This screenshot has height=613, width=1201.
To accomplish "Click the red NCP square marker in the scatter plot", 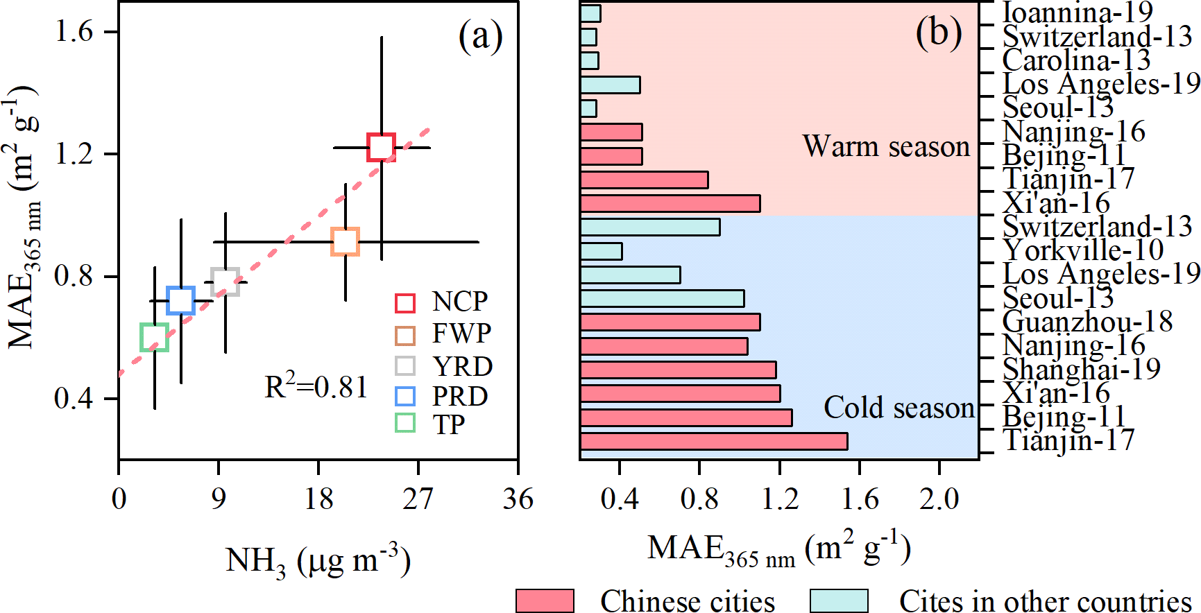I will (x=381, y=147).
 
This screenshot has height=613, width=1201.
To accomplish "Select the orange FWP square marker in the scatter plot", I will (x=345, y=241).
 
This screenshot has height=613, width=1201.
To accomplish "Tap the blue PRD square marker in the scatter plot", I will (x=181, y=300).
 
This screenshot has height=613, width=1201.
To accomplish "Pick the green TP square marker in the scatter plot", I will (x=154, y=337).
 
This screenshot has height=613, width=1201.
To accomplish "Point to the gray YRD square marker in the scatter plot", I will (x=225, y=282).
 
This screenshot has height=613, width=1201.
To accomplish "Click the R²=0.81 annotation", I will (x=316, y=387).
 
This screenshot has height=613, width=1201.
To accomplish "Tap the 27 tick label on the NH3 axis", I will (x=418, y=499).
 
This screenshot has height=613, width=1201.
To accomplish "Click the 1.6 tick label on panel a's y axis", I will (x=74, y=31).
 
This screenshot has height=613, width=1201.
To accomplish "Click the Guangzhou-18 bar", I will (x=670, y=322).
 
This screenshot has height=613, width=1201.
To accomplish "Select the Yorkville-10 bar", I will (x=601, y=251).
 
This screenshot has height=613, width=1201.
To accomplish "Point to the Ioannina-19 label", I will (x=1078, y=12).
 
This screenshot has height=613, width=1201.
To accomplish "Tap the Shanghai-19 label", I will (x=1081, y=369).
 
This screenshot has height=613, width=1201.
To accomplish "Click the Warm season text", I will (x=886, y=146).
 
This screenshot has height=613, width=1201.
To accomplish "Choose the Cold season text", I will (x=899, y=408).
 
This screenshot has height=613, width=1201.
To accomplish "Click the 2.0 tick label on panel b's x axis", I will (x=939, y=499).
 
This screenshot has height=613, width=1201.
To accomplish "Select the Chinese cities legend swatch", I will (x=545, y=601).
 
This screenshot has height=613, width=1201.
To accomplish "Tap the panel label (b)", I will (x=938, y=33).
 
